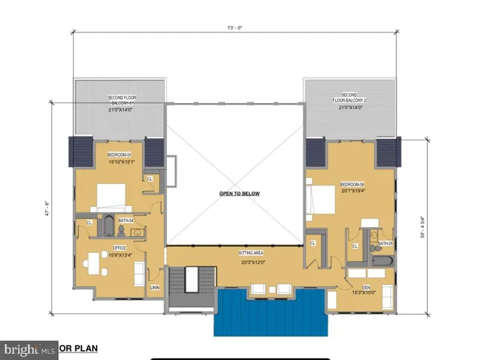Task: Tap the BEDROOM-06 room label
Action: pos(352,184)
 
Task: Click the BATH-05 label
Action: pos(385,244)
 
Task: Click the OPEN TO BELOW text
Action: pos(239,194)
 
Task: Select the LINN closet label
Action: pos(155,287)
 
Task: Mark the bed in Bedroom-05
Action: pos(110,195)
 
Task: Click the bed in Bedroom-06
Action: pos(320,201)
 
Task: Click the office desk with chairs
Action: pos(96,264)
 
